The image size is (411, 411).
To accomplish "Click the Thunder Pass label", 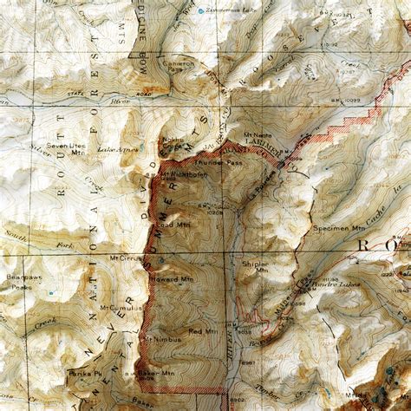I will (221, 161).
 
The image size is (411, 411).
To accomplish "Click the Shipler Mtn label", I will (262, 266).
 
